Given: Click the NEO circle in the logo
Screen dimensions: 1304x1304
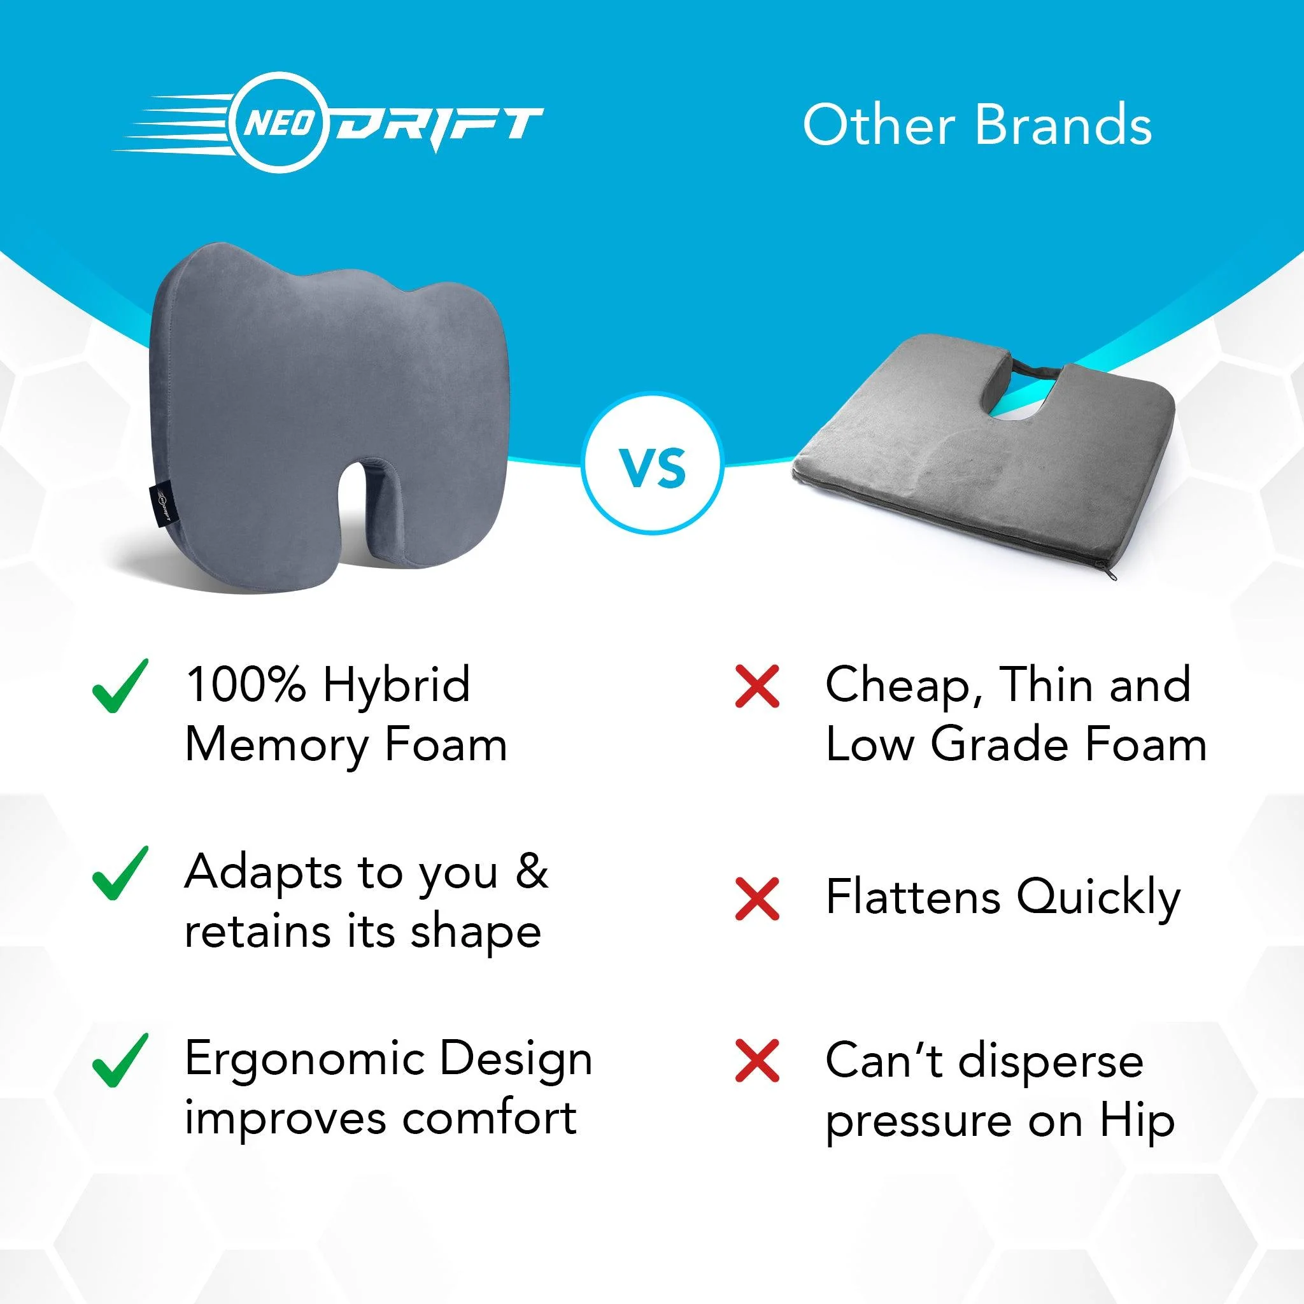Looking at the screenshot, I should pyautogui.click(x=278, y=125).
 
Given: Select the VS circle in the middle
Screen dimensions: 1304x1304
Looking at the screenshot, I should pyautogui.click(x=652, y=469).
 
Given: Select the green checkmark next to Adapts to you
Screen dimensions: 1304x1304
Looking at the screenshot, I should pyautogui.click(x=119, y=874).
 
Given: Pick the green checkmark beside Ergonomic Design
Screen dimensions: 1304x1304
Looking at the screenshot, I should pyautogui.click(x=119, y=1060).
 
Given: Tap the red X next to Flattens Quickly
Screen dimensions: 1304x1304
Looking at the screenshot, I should pyautogui.click(x=757, y=899).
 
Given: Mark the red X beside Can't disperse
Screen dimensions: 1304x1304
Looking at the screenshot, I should pyautogui.click(x=757, y=1060).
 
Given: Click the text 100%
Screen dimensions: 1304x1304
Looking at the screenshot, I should pyautogui.click(x=244, y=685).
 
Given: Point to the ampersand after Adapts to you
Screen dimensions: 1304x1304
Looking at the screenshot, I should pyautogui.click(x=530, y=872).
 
